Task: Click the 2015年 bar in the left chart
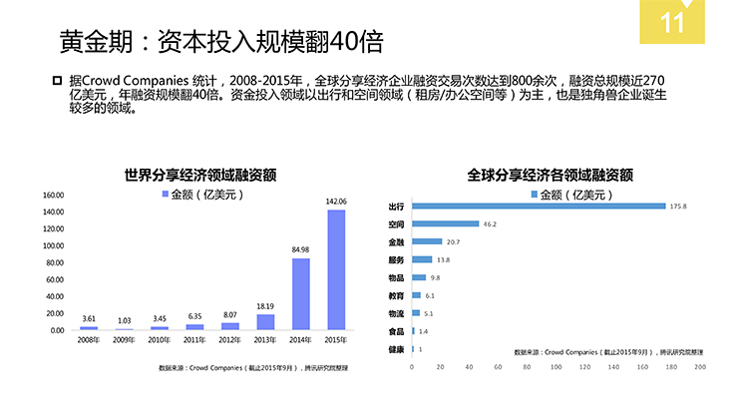coord(336,269)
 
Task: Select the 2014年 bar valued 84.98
coord(300,294)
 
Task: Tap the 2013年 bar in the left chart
coord(265,322)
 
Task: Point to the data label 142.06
coord(336,202)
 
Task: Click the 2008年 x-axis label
coord(89,341)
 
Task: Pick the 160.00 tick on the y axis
coord(53,196)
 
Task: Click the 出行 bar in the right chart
coord(539,207)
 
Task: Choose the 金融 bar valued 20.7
coord(426,241)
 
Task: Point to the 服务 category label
coord(396,259)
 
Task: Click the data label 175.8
coord(678,207)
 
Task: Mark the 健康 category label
coord(396,349)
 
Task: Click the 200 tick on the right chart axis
coord(700,368)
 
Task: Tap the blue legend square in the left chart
coord(166,195)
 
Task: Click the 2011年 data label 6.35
coord(194,316)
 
